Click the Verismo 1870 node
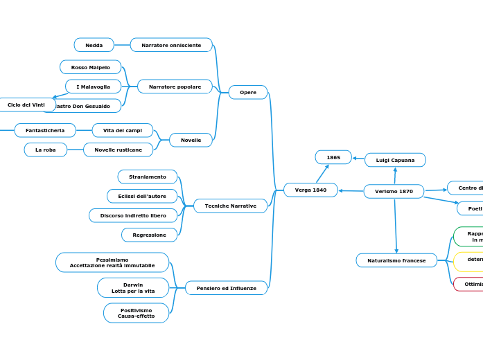pyautogui.click(x=394, y=191)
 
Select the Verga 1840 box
pyautogui.click(x=310, y=190)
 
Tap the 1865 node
pyautogui.click(x=333, y=157)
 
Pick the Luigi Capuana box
pyautogui.click(x=395, y=160)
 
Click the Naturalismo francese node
pyautogui.click(x=396, y=260)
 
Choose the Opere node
pyautogui.click(x=248, y=92)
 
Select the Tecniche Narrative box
pyautogui.click(x=230, y=206)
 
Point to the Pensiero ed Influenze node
pyautogui.click(x=226, y=288)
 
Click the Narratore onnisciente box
pyautogui.click(x=171, y=45)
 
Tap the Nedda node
pyautogui.click(x=94, y=45)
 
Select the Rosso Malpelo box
pyautogui.click(x=90, y=67)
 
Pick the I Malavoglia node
pyautogui.click(x=93, y=87)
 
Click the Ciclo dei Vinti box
pyautogui.click(x=26, y=105)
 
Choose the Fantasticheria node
pyautogui.click(x=45, y=130)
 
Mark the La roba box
pyautogui.click(x=46, y=150)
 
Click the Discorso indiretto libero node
pyautogui.click(x=133, y=215)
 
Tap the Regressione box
pyautogui.click(x=149, y=235)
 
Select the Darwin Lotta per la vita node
pyautogui.click(x=133, y=287)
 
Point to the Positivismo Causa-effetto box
pyautogui.click(x=136, y=313)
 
